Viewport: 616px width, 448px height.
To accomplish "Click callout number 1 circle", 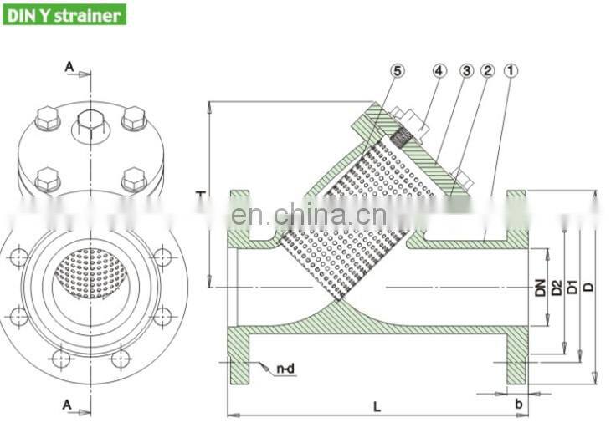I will [509, 72].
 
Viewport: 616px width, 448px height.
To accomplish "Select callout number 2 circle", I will [487, 72].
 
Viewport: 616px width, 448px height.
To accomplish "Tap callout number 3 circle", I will [466, 72].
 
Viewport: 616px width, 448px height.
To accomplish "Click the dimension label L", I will [377, 406].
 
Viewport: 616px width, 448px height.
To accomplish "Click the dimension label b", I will [519, 404].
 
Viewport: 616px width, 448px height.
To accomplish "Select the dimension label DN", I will [541, 288].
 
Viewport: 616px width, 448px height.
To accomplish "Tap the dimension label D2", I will [557, 288].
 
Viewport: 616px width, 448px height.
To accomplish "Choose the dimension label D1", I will [572, 288].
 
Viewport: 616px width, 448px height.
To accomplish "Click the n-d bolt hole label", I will [285, 367].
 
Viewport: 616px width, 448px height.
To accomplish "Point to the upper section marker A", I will [68, 65].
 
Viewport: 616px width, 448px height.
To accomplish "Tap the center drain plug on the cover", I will [90, 125].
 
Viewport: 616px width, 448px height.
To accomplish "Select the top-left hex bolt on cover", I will [48, 119].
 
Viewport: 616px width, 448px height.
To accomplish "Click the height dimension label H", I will [201, 193].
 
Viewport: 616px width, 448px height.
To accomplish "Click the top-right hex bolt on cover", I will [134, 119].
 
